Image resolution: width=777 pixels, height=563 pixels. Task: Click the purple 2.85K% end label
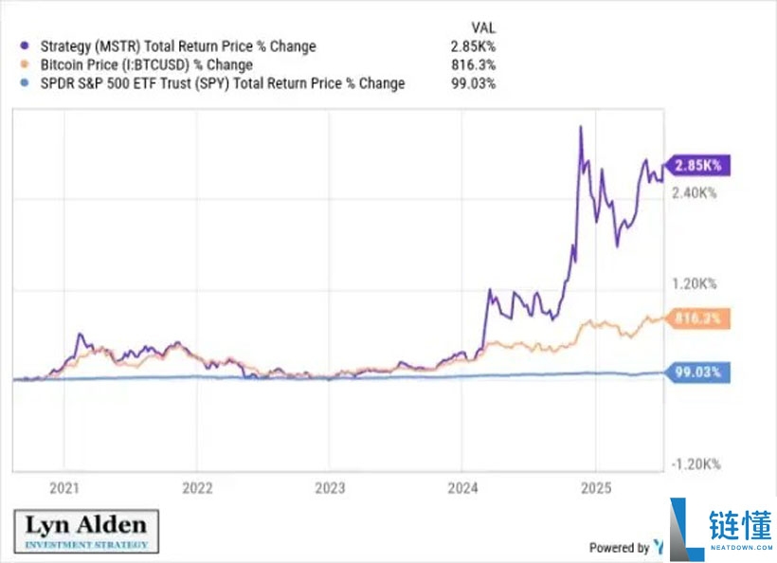pos(698,165)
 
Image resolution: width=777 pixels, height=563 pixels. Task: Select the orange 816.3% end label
pos(697,319)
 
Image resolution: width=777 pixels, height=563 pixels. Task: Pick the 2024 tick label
pos(461,490)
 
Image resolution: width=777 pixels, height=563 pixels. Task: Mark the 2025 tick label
pos(594,490)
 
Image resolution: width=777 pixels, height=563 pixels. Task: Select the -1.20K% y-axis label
pos(696,464)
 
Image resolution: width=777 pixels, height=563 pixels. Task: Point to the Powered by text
pos(619,547)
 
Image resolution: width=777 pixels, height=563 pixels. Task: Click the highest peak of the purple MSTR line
pos(580,126)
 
